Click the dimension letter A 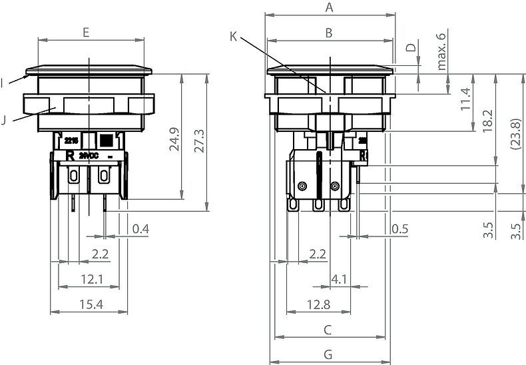pyautogui.click(x=328, y=7)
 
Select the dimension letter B pyautogui.click(x=328, y=32)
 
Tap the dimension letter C pyautogui.click(x=328, y=330)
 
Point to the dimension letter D pyautogui.click(x=411, y=47)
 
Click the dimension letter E pyautogui.click(x=87, y=32)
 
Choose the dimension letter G pyautogui.click(x=328, y=354)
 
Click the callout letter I pyautogui.click(x=3, y=83)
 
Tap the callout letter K pyautogui.click(x=233, y=36)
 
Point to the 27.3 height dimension pyautogui.click(x=198, y=140)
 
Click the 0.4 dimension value pyautogui.click(x=140, y=229)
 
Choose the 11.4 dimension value pyautogui.click(x=465, y=100)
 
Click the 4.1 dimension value pyautogui.click(x=339, y=279)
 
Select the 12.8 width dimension pyautogui.click(x=319, y=304)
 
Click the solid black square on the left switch pyautogui.click(x=105, y=141)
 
